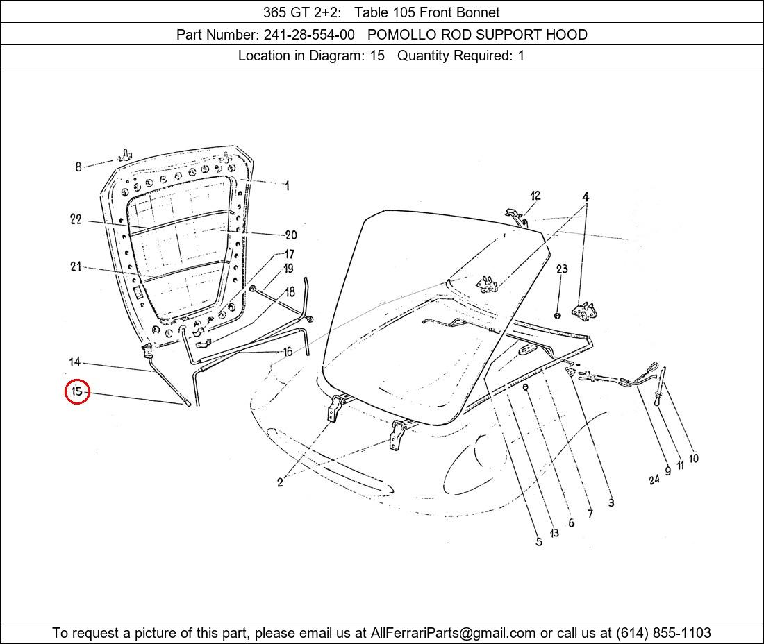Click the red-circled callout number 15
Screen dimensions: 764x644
pos(77,391)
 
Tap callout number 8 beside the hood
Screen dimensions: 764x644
pos(78,167)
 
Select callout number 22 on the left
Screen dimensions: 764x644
pos(76,219)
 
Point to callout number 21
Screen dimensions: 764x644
pos(75,266)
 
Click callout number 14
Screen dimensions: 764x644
pos(74,362)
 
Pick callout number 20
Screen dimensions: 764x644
pos(291,235)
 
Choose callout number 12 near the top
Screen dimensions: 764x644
pos(535,196)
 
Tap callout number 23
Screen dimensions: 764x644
pos(562,269)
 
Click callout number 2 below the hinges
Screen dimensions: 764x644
pos(280,482)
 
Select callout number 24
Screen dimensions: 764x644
pos(654,480)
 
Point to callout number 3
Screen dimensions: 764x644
pos(611,502)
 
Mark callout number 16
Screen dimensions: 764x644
pos(288,351)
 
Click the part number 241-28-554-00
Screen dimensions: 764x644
pos(309,35)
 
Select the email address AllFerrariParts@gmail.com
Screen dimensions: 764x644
pos(453,633)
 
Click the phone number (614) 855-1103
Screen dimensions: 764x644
pos(663,633)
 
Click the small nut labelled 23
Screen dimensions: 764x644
pos(558,316)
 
